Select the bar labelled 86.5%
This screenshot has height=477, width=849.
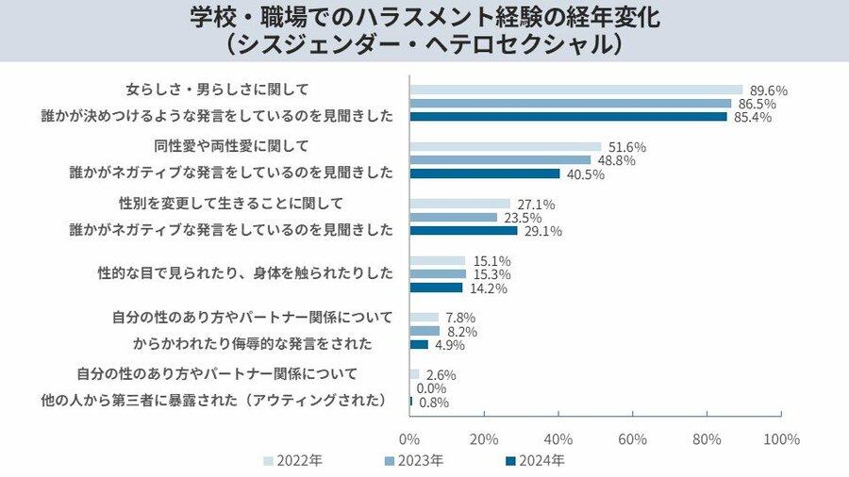571,104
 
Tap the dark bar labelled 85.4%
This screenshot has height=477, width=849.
569,117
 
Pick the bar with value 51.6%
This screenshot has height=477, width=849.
506,147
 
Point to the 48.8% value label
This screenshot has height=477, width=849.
616,160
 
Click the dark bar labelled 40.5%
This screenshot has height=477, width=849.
485,174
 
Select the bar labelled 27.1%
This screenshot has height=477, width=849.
460,204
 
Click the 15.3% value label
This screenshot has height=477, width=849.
492,274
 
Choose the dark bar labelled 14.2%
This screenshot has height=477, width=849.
437,288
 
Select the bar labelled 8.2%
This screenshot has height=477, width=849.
425,331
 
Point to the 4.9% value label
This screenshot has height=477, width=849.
454,345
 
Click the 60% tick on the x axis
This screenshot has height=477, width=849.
633,439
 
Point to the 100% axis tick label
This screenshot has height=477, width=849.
780,439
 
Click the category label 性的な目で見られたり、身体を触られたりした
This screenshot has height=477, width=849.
245,273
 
